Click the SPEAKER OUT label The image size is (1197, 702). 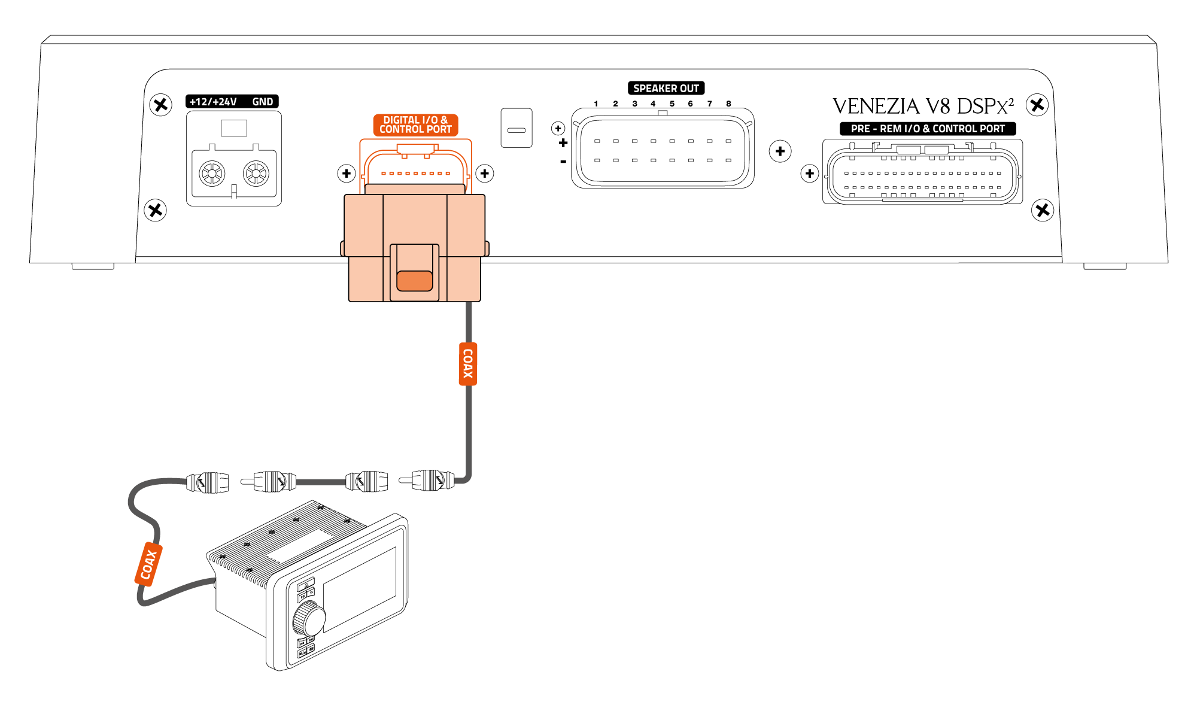point(666,89)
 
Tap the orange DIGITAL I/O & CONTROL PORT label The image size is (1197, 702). point(415,125)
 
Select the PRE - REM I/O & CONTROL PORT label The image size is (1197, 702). point(927,129)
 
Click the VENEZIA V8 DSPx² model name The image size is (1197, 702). point(922,107)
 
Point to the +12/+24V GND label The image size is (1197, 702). point(232,102)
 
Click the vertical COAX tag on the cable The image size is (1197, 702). point(467,364)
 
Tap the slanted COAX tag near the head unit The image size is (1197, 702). point(148,564)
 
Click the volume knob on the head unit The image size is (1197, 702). point(309,618)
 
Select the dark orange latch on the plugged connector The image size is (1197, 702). point(414,281)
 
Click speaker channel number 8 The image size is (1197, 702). point(728,104)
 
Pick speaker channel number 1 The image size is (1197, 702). point(596,104)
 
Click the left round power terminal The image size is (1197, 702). point(212,174)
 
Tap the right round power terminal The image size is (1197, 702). point(256,174)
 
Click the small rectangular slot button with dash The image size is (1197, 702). point(516,128)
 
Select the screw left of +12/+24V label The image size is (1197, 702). point(160,105)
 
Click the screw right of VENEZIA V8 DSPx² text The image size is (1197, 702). point(1037,105)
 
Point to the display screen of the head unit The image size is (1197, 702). point(360,589)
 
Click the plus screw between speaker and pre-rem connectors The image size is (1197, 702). point(780,151)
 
